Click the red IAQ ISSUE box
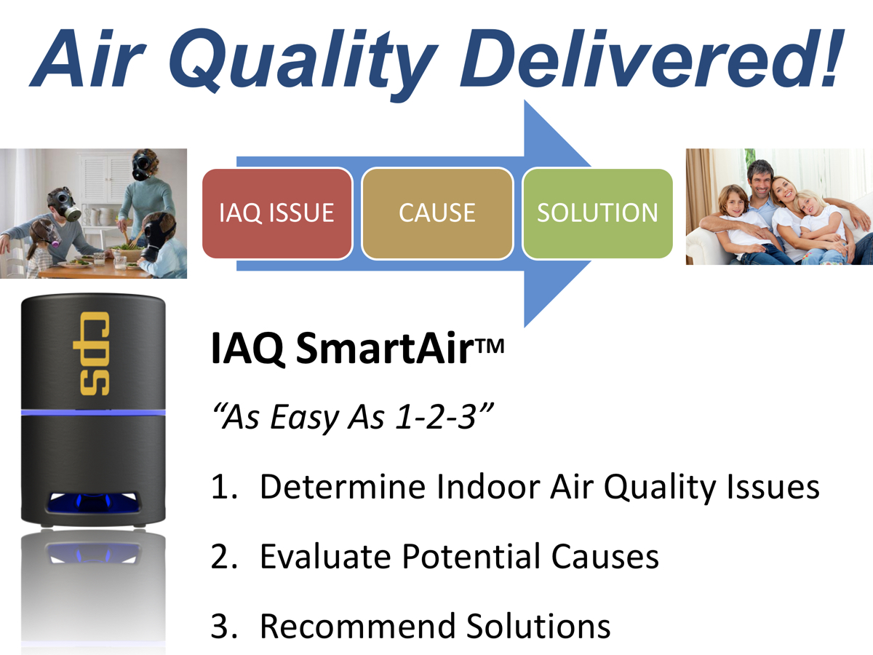pos(277,213)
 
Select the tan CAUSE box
pos(437,213)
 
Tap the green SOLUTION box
pos(598,213)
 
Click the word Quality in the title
pos(303,60)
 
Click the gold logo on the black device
pos(92,353)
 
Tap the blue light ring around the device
pos(93,413)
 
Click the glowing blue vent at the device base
pos(93,502)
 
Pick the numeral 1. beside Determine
pos(224,486)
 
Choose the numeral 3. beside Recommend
pos(224,626)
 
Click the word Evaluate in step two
pos(325,556)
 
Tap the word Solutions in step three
pos(538,626)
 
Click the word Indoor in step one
pos(488,486)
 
